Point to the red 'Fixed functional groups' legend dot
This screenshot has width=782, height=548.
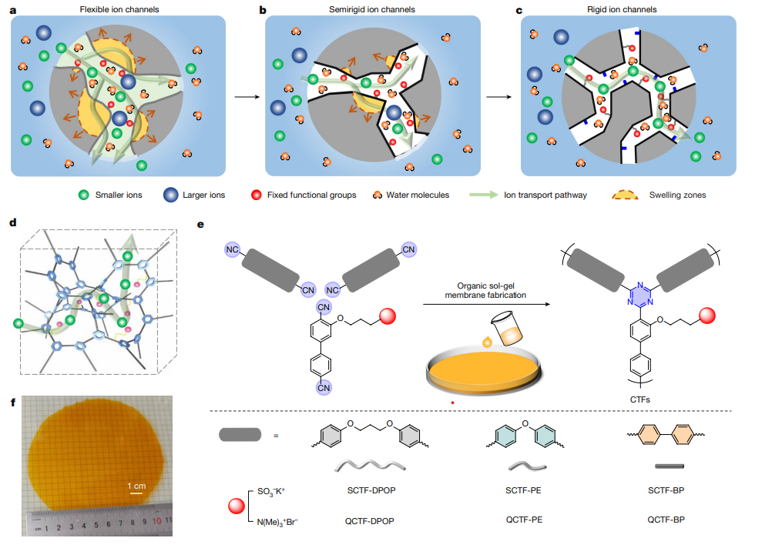coord(256,195)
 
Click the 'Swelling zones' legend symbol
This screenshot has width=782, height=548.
coord(628,195)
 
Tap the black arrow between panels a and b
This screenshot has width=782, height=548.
coord(245,98)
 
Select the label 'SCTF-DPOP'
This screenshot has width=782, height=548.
coord(366,490)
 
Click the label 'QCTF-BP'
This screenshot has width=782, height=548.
coord(666,520)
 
